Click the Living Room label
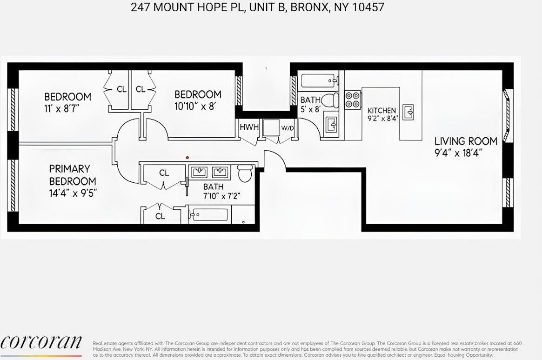tap(466, 141)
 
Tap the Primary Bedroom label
tap(73, 175)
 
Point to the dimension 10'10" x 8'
tap(195, 106)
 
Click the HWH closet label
tap(249, 127)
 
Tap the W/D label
tap(287, 128)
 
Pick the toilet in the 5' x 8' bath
tap(331, 100)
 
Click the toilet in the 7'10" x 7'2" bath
tap(245, 173)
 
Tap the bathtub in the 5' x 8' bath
tap(319, 81)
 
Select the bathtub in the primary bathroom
tap(210, 215)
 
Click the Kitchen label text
tap(381, 111)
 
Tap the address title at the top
tap(257, 7)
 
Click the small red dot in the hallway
tap(187, 157)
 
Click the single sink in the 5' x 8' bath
tap(331, 125)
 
